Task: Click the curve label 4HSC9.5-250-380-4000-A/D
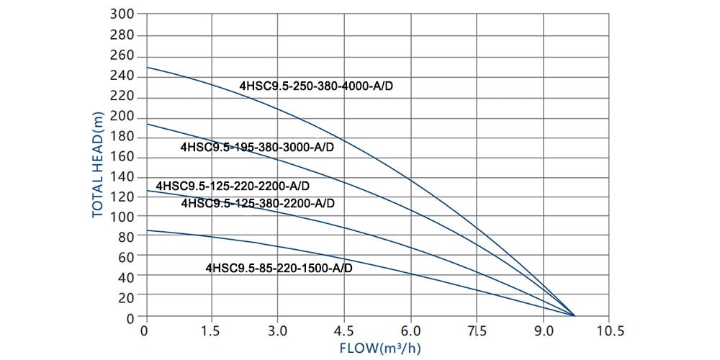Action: (317, 86)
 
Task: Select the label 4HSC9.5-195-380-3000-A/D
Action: (258, 147)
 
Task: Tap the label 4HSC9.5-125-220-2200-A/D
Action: (233, 186)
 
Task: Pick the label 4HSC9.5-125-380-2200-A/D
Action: (258, 203)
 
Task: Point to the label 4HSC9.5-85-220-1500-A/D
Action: (279, 268)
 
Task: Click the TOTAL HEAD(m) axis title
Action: (98, 165)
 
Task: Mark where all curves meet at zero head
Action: (574, 315)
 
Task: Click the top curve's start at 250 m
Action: (146, 67)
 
